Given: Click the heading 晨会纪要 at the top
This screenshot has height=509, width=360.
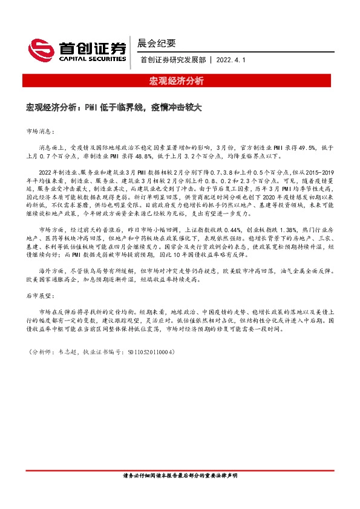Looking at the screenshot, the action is (x=157, y=43).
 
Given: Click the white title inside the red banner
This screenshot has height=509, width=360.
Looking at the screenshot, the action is (x=180, y=80).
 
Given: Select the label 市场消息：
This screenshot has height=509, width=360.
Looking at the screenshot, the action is (x=41, y=131).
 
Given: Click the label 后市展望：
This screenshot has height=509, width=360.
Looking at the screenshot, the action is (x=41, y=297).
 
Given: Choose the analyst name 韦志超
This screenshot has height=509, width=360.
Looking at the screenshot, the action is (x=64, y=351).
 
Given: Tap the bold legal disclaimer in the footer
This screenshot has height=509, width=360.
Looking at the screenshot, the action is (x=180, y=477).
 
